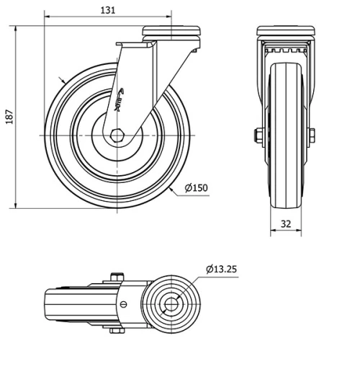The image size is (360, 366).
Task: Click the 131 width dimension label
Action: (x=107, y=9)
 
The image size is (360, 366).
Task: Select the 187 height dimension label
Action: (x=9, y=117)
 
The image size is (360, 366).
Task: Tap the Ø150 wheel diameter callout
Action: (x=196, y=188)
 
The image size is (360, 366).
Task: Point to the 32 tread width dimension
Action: (x=285, y=224)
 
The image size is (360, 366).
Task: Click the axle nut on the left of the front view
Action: (x=257, y=135)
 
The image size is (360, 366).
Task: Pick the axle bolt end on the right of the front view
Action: (x=312, y=135)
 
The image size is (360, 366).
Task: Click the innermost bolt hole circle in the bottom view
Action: (x=172, y=305)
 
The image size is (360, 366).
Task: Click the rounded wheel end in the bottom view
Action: (x=50, y=305)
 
